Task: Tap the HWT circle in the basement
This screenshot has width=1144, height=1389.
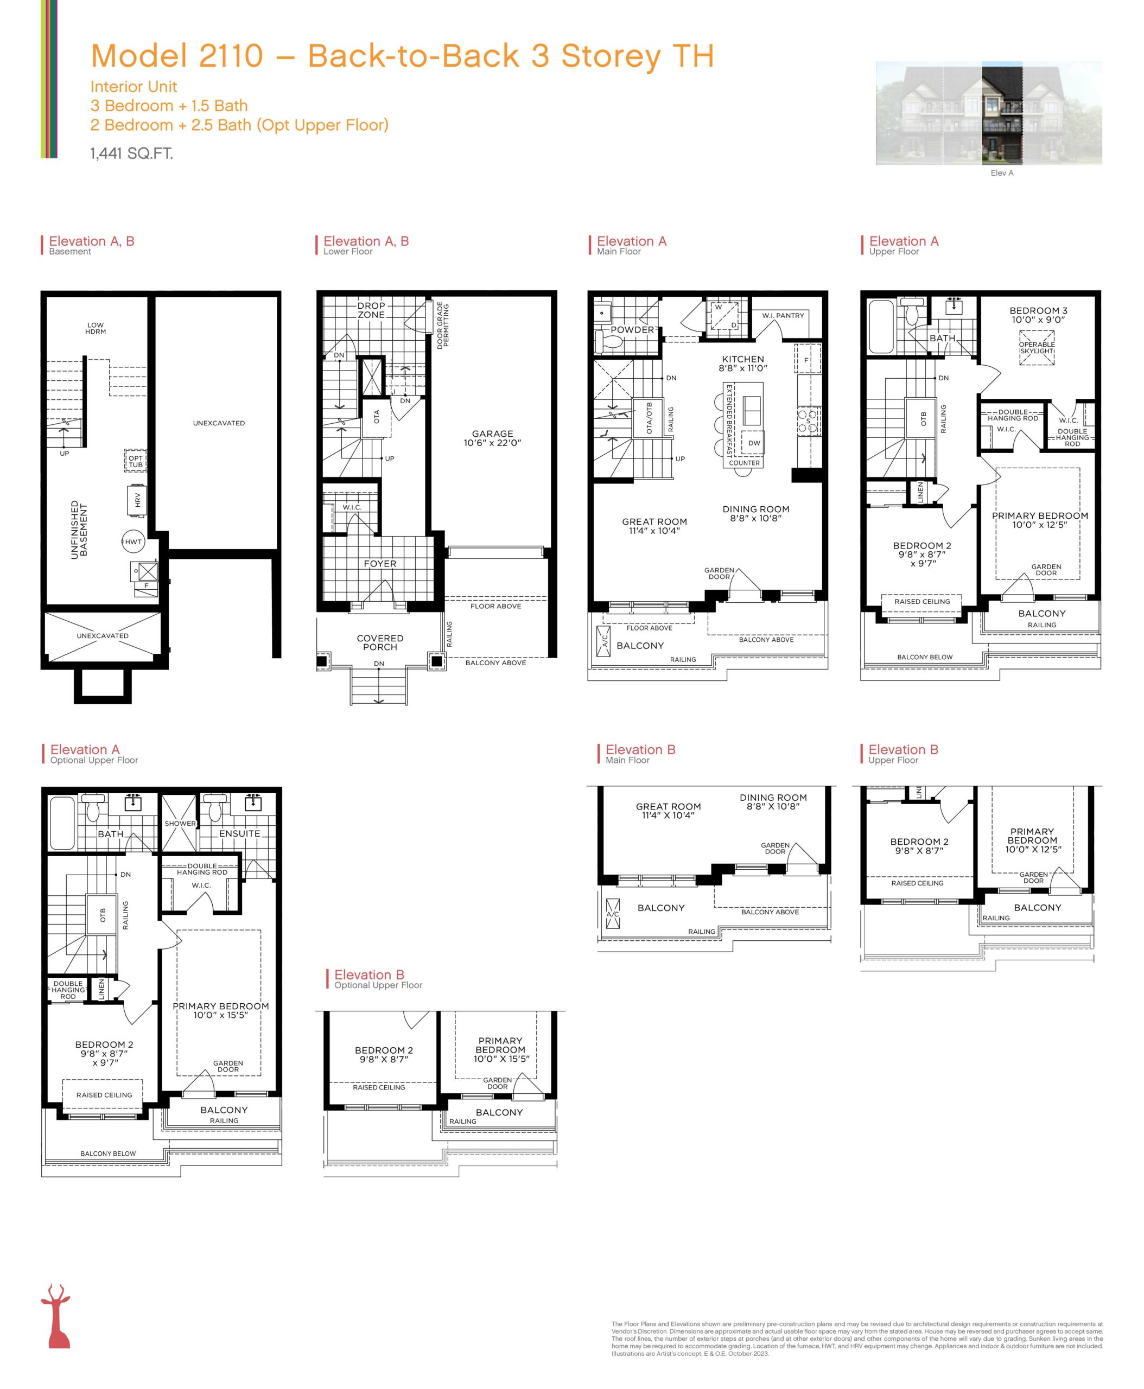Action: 133,541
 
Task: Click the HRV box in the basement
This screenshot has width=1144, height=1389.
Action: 136,500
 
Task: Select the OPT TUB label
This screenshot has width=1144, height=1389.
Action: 135,461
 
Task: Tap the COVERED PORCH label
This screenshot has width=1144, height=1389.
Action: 380,642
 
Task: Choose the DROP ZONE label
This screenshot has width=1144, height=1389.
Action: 371,310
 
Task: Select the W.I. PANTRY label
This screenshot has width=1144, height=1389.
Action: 783,316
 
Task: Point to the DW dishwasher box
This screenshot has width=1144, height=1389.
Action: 754,443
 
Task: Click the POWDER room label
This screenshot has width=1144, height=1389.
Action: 632,329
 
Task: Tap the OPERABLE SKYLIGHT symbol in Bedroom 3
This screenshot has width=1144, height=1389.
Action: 1037,347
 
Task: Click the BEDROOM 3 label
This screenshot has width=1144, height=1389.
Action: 1039,310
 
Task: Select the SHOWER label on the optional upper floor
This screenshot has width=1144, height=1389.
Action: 180,824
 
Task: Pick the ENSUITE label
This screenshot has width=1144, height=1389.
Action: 239,833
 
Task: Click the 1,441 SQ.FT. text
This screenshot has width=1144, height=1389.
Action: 132,154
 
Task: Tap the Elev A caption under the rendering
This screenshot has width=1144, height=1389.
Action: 1002,173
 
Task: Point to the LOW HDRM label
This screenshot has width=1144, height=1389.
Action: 96,328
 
